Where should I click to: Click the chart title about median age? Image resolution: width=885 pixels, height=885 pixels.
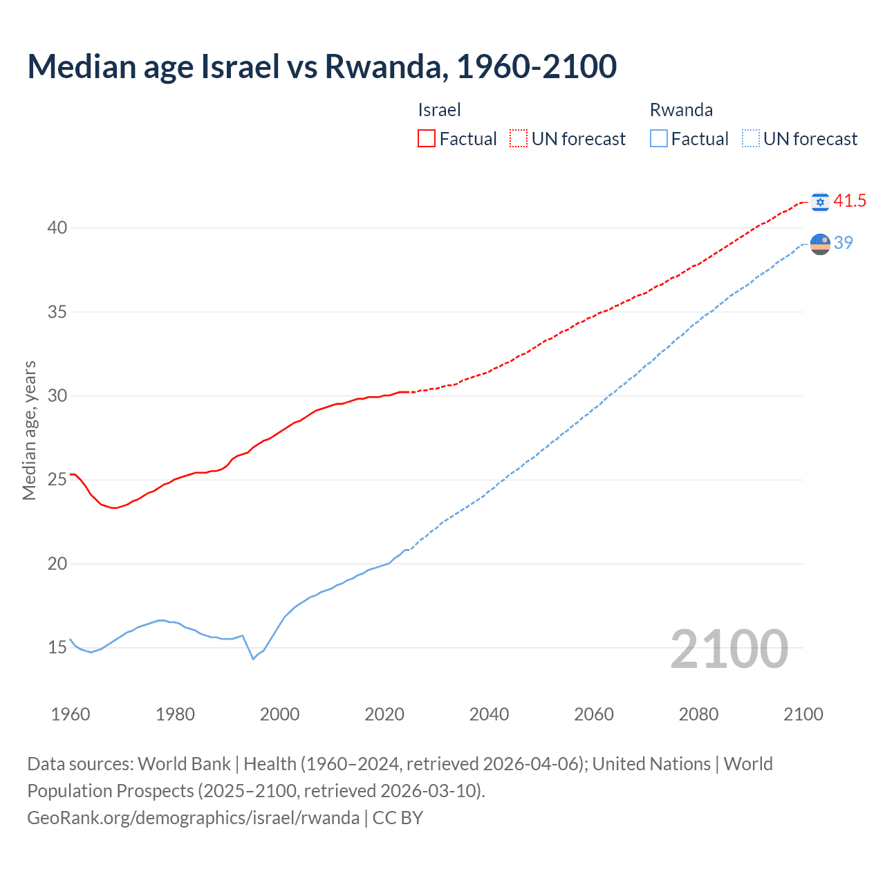[x=322, y=66]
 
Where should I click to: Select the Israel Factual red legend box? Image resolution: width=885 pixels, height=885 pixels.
[x=427, y=138]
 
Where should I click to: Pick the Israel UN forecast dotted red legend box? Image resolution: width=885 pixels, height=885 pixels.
[x=519, y=138]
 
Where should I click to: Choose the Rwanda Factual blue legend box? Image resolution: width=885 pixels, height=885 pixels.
[x=659, y=138]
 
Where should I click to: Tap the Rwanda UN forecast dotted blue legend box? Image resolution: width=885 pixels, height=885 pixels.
[x=751, y=138]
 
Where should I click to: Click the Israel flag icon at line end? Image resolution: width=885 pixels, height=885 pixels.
[x=820, y=202]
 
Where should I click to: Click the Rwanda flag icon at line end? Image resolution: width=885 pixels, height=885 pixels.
[x=820, y=244]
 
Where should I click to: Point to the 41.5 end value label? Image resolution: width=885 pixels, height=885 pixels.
[x=850, y=201]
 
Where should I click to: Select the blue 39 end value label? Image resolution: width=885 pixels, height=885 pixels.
[x=844, y=243]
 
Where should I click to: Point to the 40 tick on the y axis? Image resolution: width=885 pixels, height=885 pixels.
[x=57, y=227]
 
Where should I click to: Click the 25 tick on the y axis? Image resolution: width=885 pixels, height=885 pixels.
[x=57, y=480]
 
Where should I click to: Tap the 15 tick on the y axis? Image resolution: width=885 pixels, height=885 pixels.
[x=57, y=648]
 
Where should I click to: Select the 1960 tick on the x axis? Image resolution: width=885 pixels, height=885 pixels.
[x=71, y=714]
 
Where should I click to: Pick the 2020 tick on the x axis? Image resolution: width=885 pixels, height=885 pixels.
[x=384, y=714]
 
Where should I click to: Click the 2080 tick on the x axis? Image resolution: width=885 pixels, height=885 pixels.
[x=698, y=714]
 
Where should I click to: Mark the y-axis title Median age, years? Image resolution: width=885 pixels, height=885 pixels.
[x=29, y=430]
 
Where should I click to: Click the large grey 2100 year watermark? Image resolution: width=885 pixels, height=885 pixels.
[x=729, y=649]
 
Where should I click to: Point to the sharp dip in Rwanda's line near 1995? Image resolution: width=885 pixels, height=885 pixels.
[x=253, y=658]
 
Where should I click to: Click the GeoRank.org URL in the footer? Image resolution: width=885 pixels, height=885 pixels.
[x=193, y=818]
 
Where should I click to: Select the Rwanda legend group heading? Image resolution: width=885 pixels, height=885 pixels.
[x=681, y=110]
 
